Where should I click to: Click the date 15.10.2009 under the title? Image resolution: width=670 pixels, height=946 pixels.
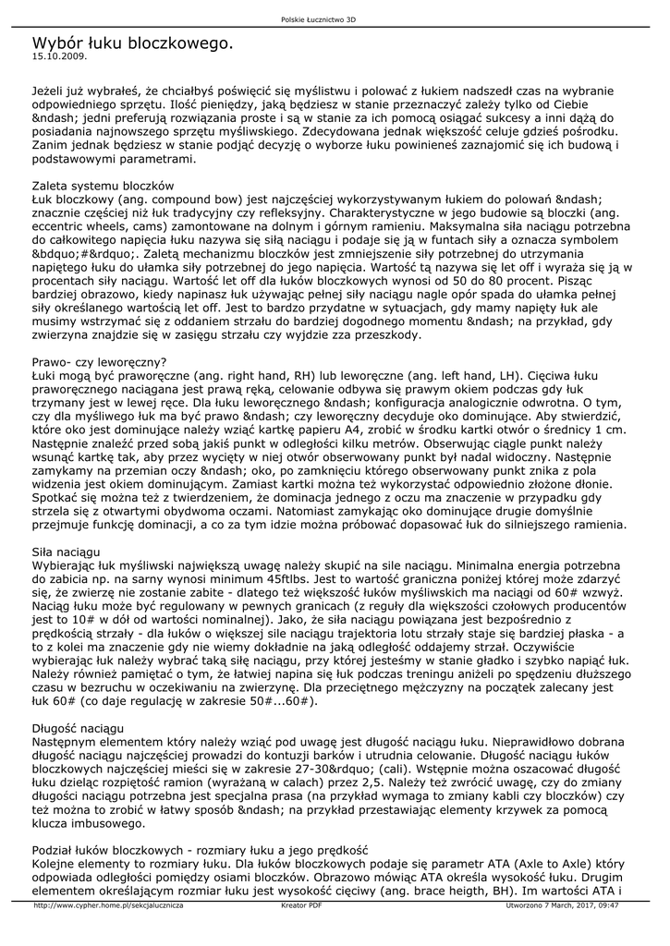[x=58, y=55]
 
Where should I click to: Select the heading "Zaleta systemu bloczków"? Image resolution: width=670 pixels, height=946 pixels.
[x=104, y=186]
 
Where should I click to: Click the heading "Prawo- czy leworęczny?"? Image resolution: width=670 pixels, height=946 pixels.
[x=99, y=362]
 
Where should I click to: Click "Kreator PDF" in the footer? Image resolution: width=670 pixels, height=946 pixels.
[x=301, y=906]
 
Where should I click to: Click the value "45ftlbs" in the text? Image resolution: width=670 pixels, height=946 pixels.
[x=294, y=577]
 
